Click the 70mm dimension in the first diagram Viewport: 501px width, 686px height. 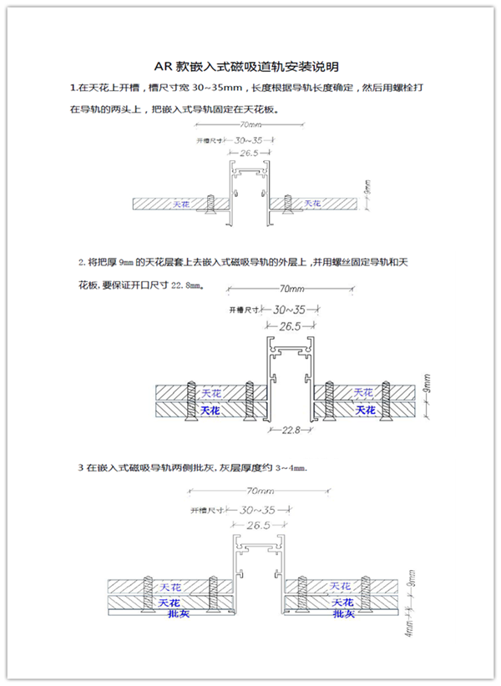pyautogui.click(x=247, y=125)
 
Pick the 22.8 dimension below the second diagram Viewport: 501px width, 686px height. pyautogui.click(x=291, y=431)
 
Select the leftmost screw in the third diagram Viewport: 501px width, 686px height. pyautogui.click(x=148, y=592)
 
